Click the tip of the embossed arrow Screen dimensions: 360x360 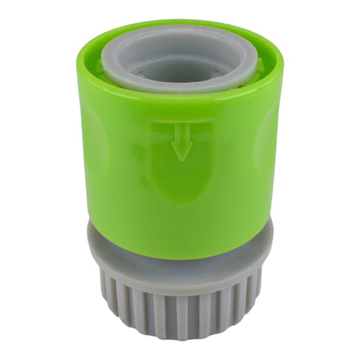tap(181, 158)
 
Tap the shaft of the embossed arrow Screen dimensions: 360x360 tap(181, 140)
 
